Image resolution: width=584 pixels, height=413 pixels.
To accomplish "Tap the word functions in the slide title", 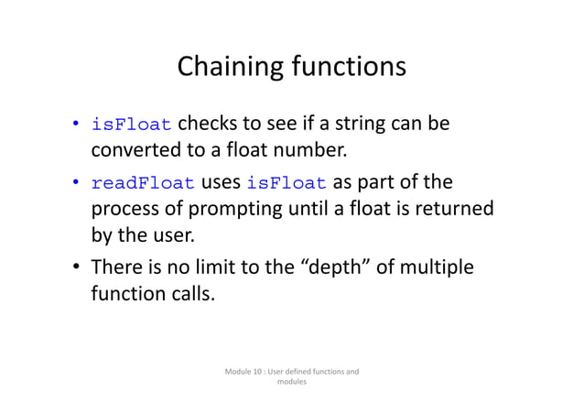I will tap(344, 68).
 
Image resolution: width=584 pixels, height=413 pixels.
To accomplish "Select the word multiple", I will tap(438, 268).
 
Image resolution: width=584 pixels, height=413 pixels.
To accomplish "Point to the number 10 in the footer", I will tap(264, 372).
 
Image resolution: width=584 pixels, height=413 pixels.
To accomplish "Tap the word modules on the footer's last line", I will tap(291, 383).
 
